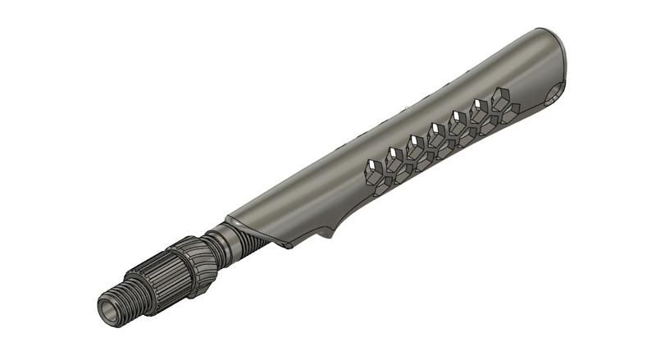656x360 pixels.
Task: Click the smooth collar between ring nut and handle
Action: (219, 242)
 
